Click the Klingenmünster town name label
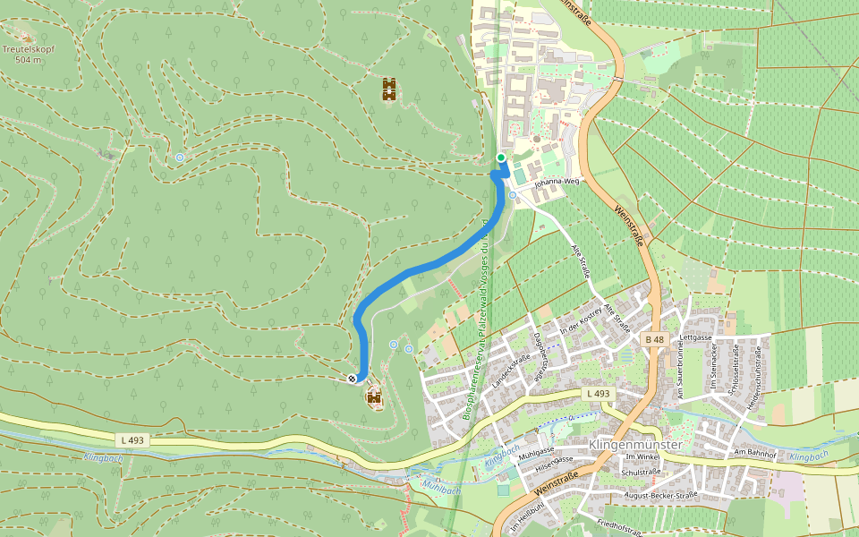635,445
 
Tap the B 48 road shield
654,339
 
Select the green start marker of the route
501,158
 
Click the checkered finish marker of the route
353,379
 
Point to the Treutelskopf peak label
22,54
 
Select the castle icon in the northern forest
389,88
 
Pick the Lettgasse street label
695,338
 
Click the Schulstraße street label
640,472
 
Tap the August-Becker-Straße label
661,494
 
